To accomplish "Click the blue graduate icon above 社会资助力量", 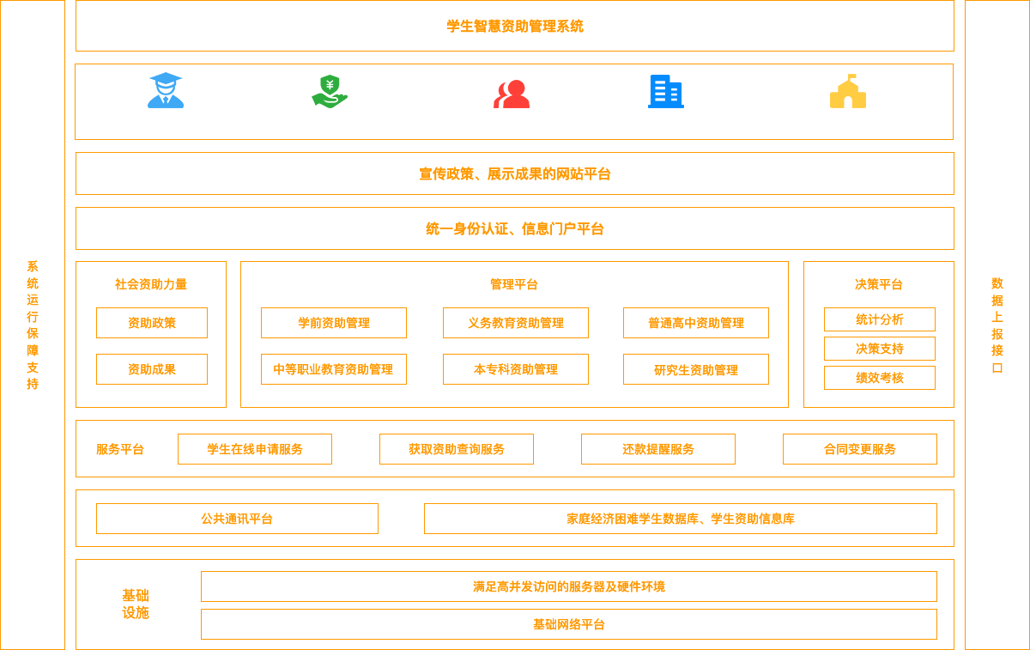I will [x=165, y=90].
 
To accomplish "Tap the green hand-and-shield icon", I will [x=330, y=91].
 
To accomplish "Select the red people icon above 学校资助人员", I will [x=512, y=93].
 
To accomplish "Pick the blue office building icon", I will [x=666, y=91].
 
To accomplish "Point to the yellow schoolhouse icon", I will [x=848, y=91].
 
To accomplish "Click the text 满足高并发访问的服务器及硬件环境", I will [x=569, y=586].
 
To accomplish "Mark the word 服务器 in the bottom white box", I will [x=587, y=586].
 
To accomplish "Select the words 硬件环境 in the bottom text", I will [x=641, y=586].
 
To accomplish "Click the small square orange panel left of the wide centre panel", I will [x=151, y=334].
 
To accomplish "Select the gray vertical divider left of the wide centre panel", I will [x=233, y=334].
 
